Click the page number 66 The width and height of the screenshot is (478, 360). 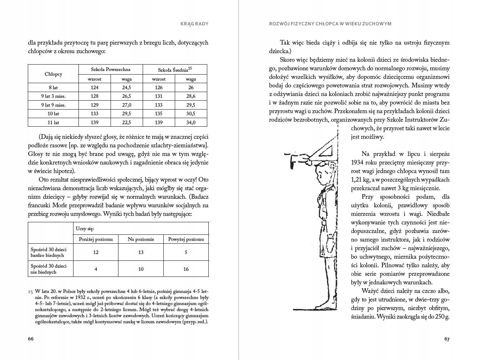[31, 339]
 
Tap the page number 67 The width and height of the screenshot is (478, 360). [447, 339]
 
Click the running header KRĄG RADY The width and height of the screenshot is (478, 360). [195, 24]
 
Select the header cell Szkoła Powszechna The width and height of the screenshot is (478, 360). [111, 69]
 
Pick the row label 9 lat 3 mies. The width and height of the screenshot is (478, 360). [54, 96]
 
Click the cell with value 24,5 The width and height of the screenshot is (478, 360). [127, 87]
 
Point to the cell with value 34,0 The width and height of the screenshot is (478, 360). [191, 122]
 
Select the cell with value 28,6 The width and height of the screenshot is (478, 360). [191, 96]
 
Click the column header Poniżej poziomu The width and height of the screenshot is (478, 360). [96, 239]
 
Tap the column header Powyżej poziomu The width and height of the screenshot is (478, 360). [186, 239]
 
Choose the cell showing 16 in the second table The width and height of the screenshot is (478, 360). [186, 269]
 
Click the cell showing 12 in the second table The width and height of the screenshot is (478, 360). [96, 252]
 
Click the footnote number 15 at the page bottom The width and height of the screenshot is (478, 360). [30, 291]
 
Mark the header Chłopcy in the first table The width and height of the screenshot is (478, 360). [54, 74]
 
